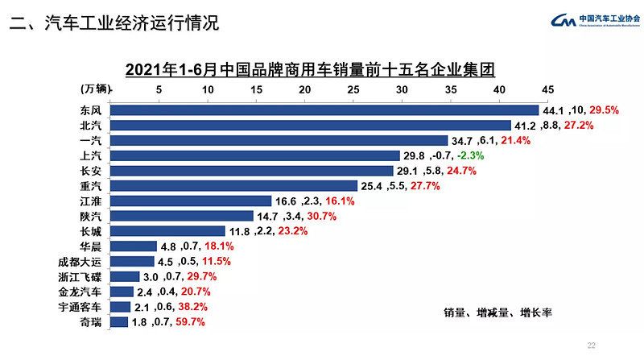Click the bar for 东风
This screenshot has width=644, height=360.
(324, 110)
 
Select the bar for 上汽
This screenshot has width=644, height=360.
(254, 155)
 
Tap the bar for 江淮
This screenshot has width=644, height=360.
(190, 201)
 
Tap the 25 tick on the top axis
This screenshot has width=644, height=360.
(353, 89)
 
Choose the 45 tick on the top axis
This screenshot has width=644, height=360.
(548, 89)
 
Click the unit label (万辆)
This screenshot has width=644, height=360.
(97, 89)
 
